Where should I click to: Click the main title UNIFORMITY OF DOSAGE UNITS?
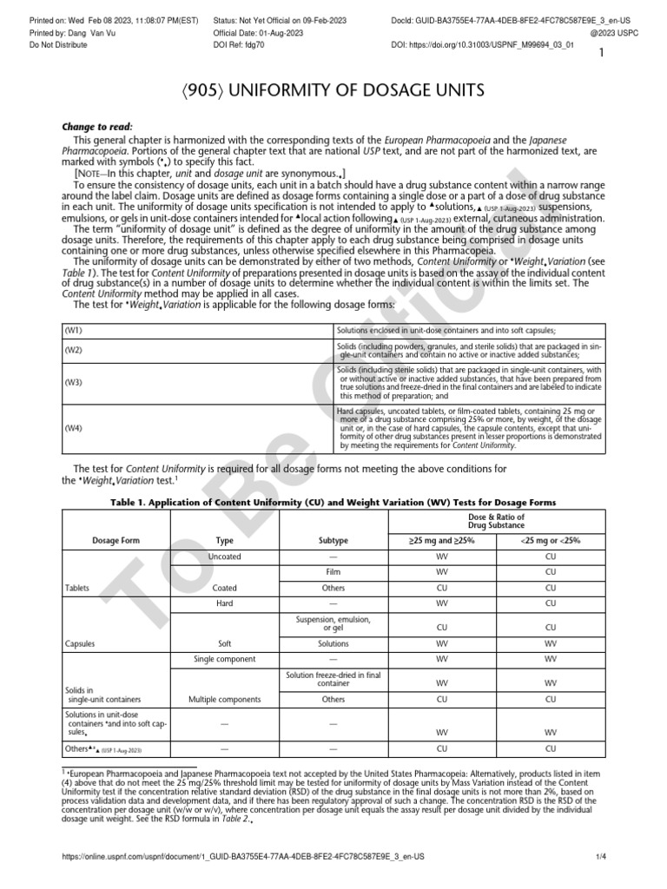coord(333,91)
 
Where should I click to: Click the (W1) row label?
coord(74,331)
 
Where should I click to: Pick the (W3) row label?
coord(74,382)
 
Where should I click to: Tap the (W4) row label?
coord(74,427)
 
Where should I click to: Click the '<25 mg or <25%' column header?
coord(550,540)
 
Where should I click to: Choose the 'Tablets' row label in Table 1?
coord(78,588)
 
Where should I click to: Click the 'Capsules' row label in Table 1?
coord(81,644)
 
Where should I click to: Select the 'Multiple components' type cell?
coord(224,698)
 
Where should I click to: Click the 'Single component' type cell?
coord(224,660)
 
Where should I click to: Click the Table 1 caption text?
coord(333,503)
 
